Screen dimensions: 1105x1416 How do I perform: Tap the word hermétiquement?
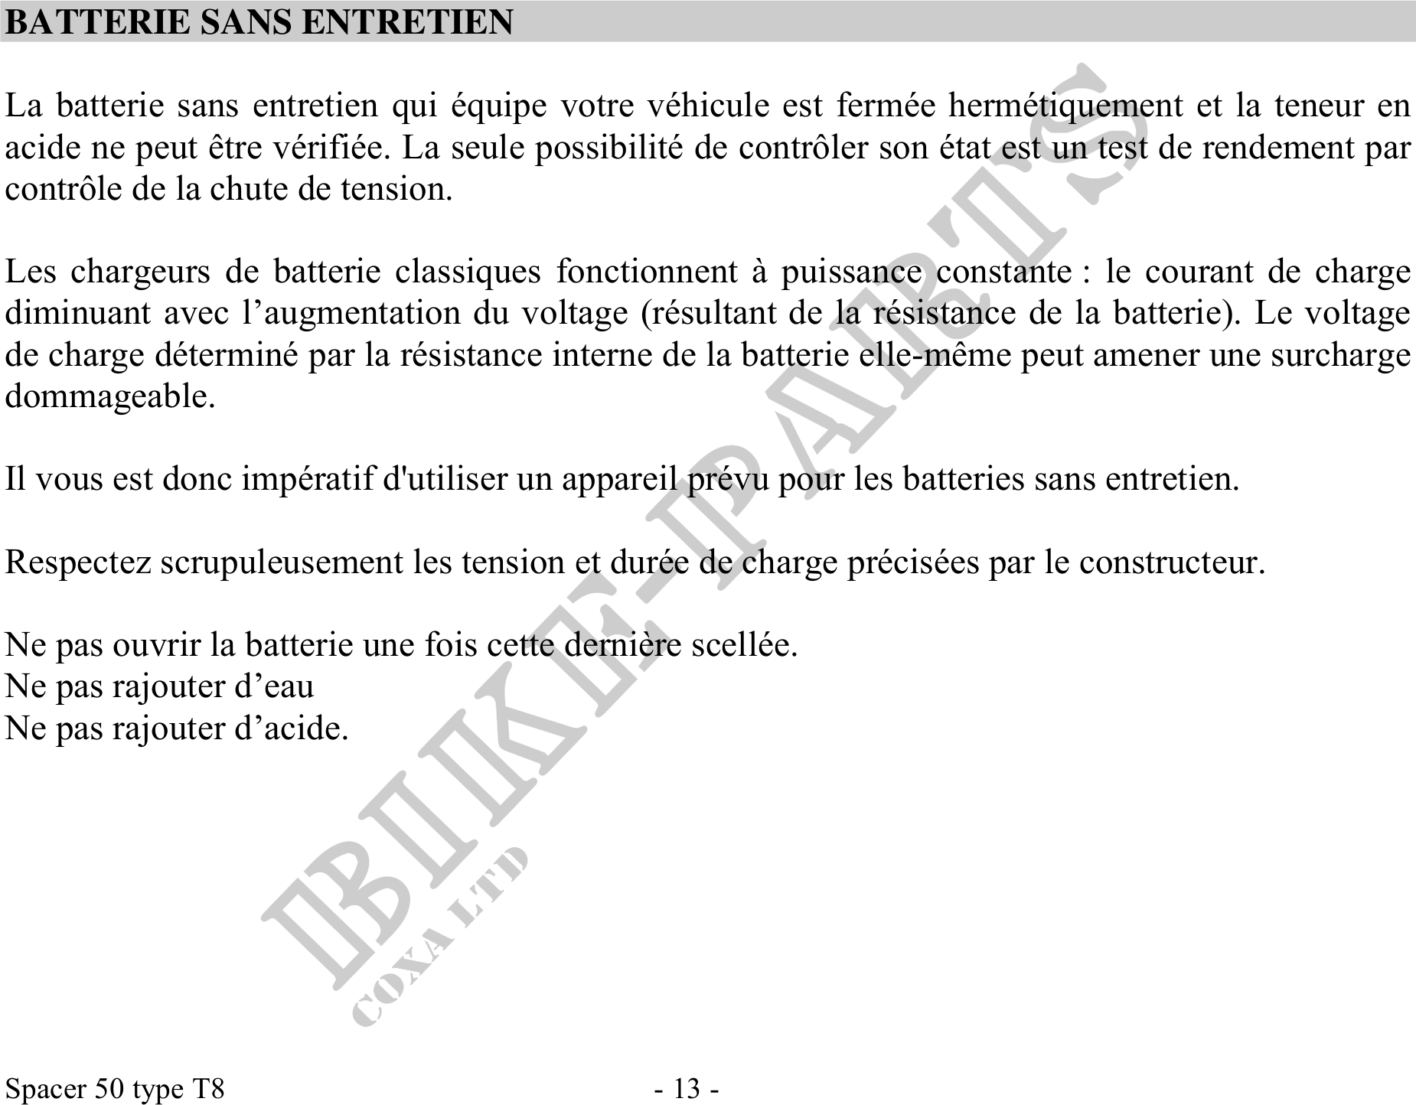tap(1065, 106)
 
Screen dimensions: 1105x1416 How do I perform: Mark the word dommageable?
tap(109, 397)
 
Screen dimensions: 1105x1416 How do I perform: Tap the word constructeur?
tap(1172, 563)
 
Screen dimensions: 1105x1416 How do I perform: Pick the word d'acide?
tap(291, 728)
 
